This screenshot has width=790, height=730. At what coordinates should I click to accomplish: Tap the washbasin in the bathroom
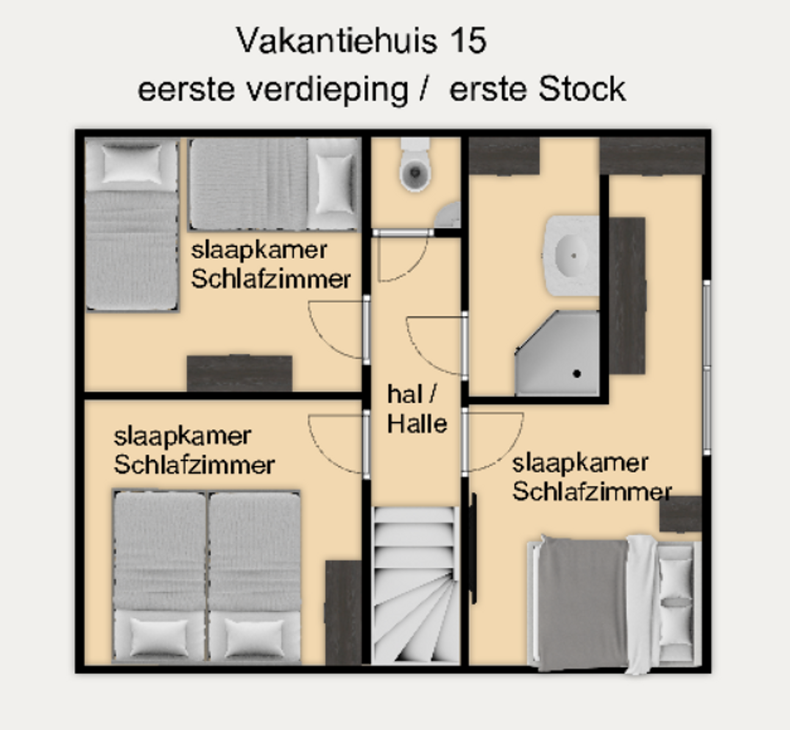[571, 255]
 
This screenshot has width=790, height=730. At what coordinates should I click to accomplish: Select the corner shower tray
[557, 353]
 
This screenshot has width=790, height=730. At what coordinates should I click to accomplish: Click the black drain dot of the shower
[577, 374]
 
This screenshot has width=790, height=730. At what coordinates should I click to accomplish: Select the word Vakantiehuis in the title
[336, 40]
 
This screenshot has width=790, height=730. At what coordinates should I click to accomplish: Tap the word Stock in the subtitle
[582, 89]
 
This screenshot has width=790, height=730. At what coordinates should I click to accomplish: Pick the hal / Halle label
[417, 409]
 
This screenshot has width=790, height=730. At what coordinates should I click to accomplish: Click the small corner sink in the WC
[448, 215]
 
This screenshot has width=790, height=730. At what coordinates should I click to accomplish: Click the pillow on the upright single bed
[132, 163]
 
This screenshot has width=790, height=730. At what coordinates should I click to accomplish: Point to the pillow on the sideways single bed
[335, 184]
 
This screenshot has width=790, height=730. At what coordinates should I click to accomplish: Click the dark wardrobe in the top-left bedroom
[239, 374]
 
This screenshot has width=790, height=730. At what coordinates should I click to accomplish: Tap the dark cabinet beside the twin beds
[344, 613]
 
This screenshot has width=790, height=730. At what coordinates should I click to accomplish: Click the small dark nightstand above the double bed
[680, 514]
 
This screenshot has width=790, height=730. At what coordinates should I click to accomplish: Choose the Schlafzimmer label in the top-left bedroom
[271, 279]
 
